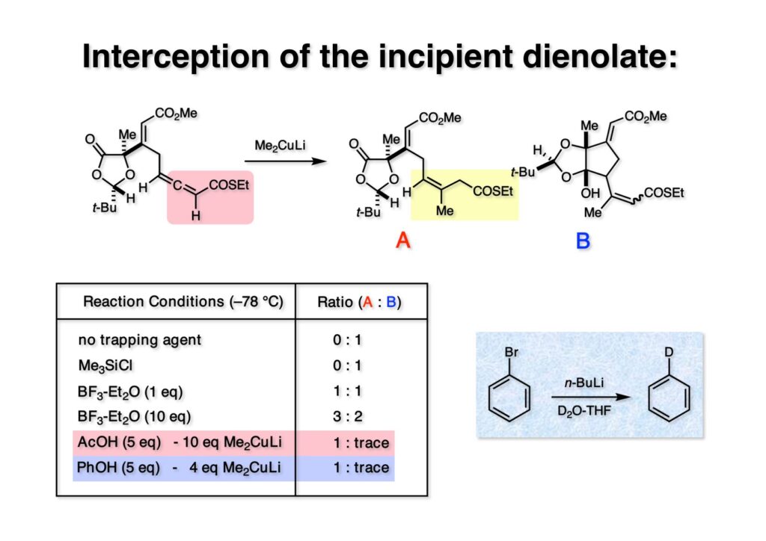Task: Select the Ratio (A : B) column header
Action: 361,302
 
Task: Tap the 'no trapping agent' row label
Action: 139,340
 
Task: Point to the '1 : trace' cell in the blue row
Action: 361,469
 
